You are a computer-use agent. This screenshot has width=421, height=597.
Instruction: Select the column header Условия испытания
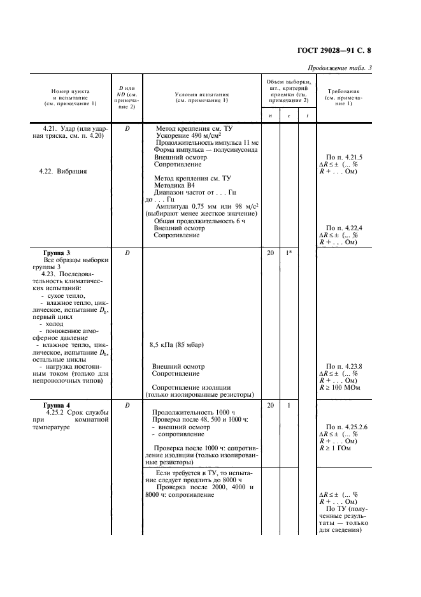(201, 97)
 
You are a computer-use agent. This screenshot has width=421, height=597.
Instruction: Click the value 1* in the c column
(289, 253)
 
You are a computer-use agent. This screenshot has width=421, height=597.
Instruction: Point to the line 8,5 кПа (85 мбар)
(176, 345)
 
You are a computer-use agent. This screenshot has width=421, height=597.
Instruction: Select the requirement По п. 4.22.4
(344, 228)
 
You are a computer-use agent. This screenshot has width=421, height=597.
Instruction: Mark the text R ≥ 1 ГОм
(338, 448)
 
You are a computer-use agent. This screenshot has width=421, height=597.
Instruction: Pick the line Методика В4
(176, 182)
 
